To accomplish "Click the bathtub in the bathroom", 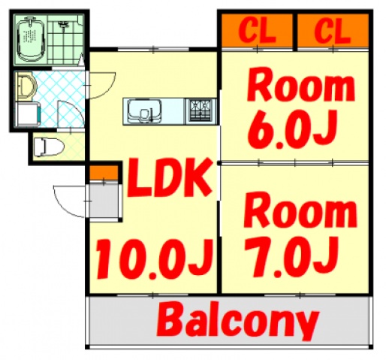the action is pos(31,40).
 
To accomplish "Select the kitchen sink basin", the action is pos(144,111).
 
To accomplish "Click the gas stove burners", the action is pos(201,111).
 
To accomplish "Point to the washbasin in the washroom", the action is pos(26,86).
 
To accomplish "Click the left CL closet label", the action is pos(257,30).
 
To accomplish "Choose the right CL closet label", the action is pos(332,30).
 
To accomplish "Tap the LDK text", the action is pos(168,178).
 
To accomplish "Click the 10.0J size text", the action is pos(155,259).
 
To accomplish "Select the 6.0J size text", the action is pos(291,129).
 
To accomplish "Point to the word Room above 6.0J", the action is pos(300,85).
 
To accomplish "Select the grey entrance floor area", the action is pos(104,201).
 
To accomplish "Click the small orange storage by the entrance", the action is pos(104,172).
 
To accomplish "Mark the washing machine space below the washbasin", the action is pos(27,114).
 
